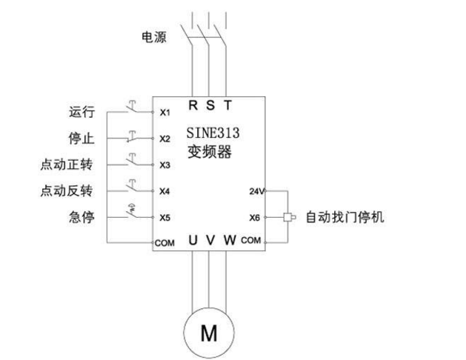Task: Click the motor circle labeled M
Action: click(210, 331)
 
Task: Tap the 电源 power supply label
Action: click(154, 36)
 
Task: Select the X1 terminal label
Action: click(164, 113)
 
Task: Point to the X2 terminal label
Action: click(164, 139)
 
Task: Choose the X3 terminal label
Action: click(164, 164)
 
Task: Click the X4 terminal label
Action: click(164, 191)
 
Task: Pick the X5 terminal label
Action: click(164, 218)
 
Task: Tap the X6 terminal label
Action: click(254, 218)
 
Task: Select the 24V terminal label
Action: click(254, 191)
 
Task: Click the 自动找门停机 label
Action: click(344, 218)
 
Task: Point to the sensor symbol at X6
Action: click(287, 218)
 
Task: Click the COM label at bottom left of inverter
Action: click(164, 243)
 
